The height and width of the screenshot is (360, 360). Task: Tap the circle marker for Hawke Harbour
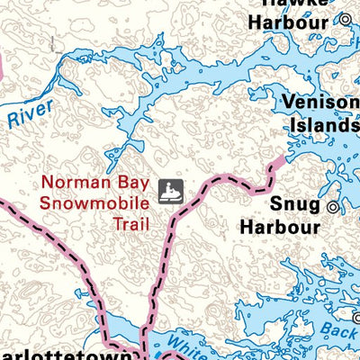[x=344, y=18]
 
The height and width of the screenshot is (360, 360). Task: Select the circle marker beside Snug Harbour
[x=332, y=207]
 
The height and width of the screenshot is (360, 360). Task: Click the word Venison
[x=319, y=103]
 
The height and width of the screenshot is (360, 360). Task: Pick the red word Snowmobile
[x=88, y=202]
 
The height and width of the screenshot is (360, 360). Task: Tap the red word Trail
[x=130, y=221]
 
